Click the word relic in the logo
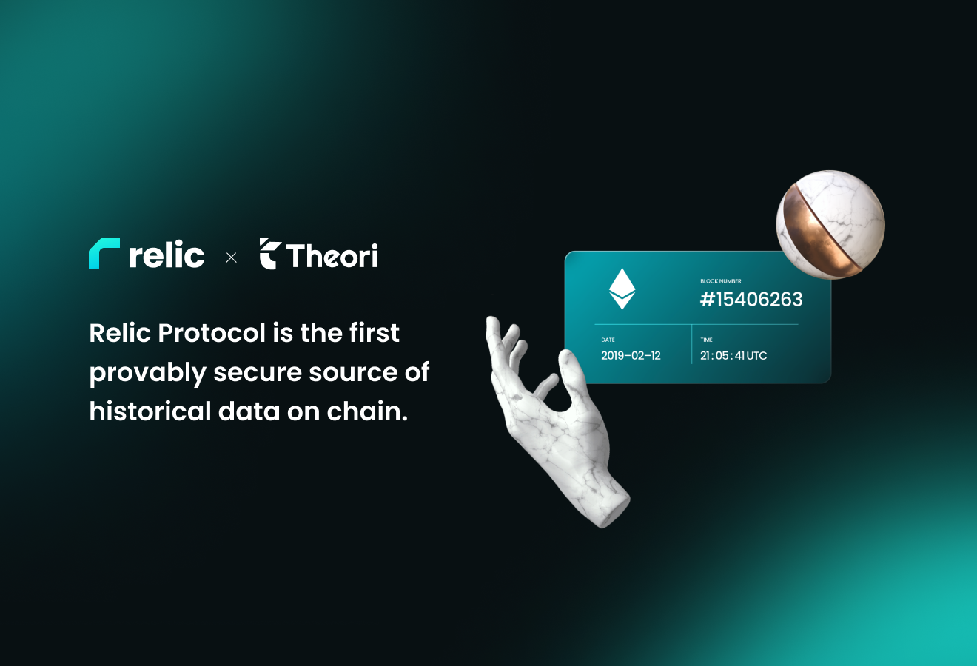(x=167, y=254)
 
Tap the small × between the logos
(x=231, y=258)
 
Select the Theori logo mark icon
(x=269, y=253)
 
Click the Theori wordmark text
(x=332, y=255)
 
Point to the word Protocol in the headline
(x=212, y=333)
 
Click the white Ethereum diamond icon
(x=622, y=289)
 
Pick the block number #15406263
(x=751, y=300)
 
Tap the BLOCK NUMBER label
(x=721, y=281)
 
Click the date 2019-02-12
(x=631, y=355)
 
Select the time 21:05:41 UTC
(x=733, y=355)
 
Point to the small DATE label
(x=608, y=340)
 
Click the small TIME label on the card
(x=706, y=340)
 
